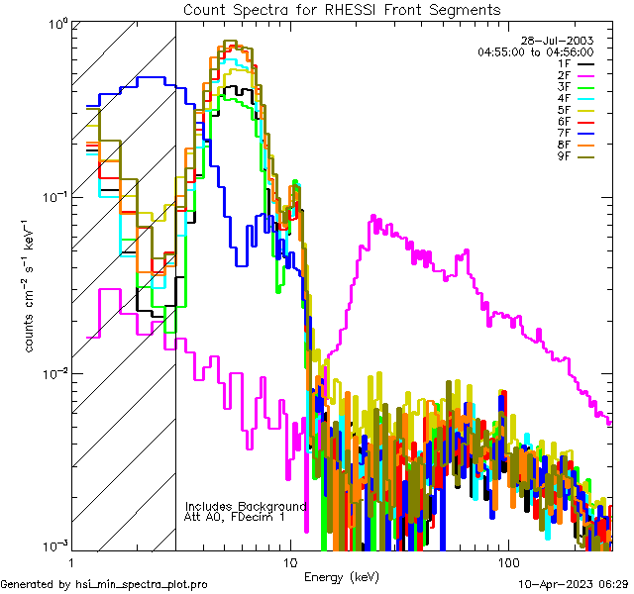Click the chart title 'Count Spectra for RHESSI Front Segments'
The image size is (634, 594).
pos(343,9)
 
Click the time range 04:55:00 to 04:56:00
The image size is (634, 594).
pos(535,51)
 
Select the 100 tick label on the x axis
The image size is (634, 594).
pos(507,561)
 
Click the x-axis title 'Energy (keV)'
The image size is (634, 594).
pos(342,576)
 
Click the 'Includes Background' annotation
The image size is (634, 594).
pos(246,506)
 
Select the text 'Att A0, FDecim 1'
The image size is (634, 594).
pos(235,517)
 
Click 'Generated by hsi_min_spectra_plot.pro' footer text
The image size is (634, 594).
pos(104,584)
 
